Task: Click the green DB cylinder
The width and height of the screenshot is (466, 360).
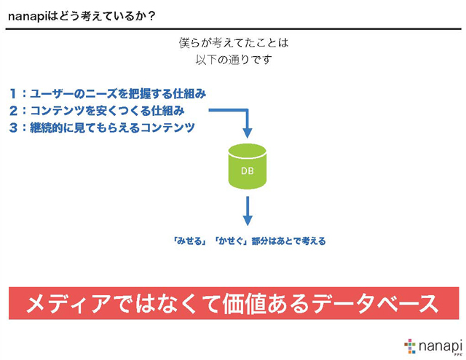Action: coord(248,167)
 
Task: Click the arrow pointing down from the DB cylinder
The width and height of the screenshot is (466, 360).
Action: coord(248,211)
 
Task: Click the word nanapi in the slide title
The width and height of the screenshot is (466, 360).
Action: coord(28,17)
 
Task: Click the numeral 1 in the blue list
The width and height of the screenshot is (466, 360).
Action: coord(13,94)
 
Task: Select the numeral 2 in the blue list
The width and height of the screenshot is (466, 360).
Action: coord(14,111)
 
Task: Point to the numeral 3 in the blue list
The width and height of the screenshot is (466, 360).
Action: coord(14,128)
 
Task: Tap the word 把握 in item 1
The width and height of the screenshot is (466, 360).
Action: coord(139,94)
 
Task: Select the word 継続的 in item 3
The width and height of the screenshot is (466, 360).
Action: coord(46,128)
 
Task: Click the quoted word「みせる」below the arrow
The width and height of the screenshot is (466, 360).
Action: coord(190,240)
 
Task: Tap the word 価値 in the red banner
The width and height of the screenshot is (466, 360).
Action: coord(244,304)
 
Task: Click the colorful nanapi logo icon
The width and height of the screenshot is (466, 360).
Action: coord(410,346)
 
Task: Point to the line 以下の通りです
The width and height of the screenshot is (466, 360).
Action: coord(234,60)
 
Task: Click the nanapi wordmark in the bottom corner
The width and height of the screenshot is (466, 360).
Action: coord(440,347)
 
